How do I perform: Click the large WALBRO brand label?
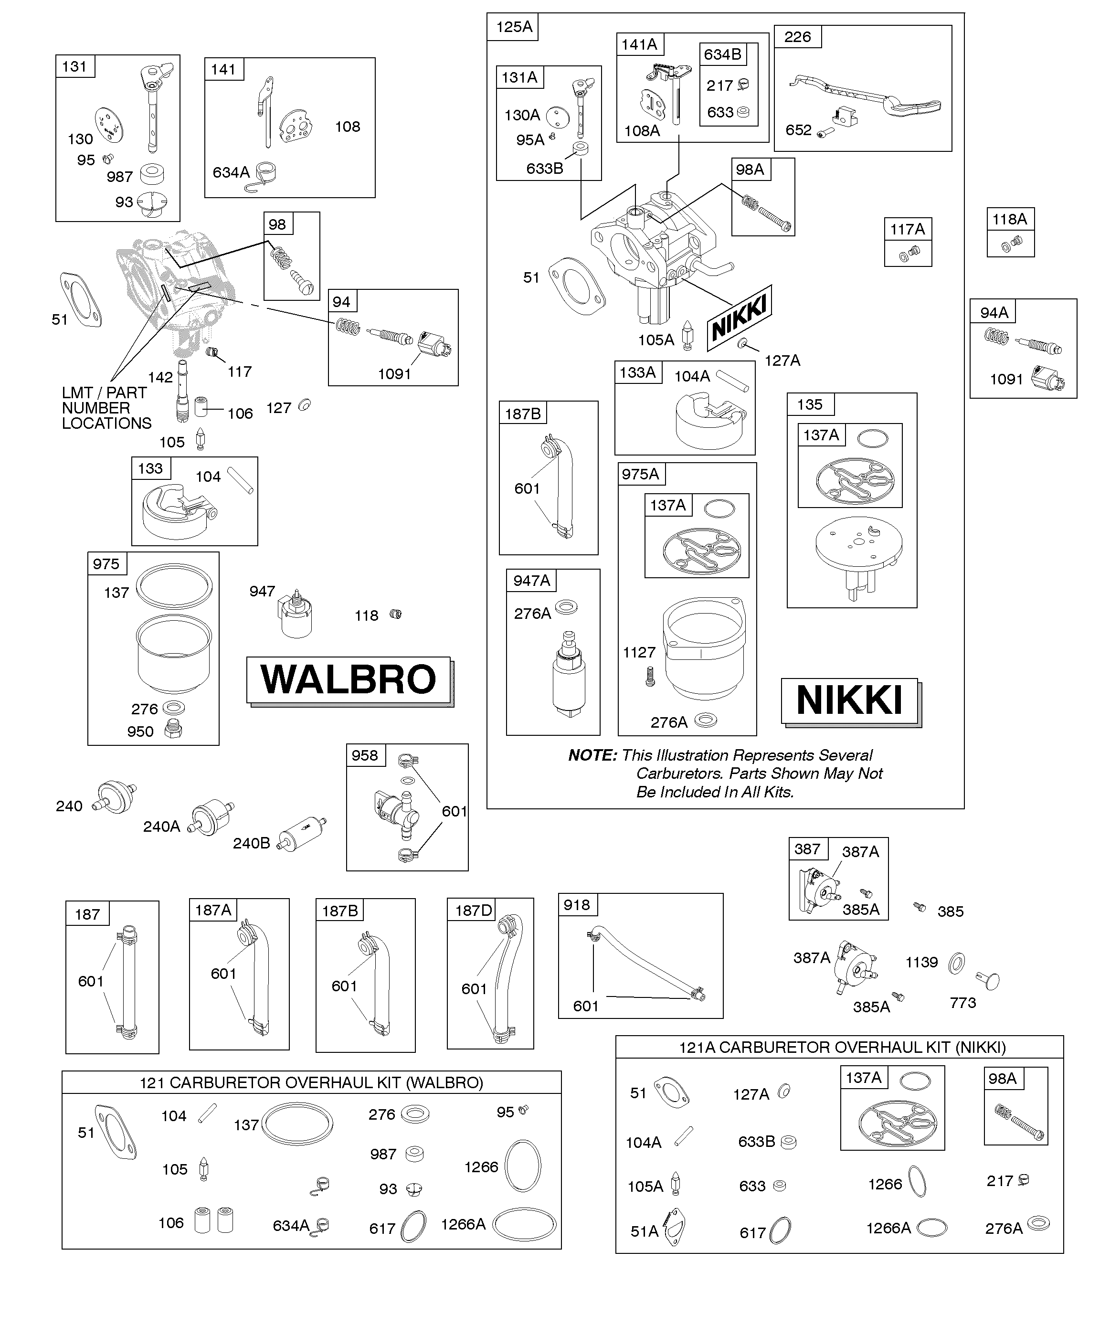click(349, 679)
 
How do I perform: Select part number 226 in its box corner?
click(798, 37)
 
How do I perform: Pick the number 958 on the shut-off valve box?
click(365, 755)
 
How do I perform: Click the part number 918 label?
click(577, 905)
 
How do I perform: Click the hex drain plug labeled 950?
click(172, 730)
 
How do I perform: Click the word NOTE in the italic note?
click(592, 755)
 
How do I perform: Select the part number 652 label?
click(798, 129)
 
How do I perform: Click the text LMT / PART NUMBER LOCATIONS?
click(106, 408)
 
